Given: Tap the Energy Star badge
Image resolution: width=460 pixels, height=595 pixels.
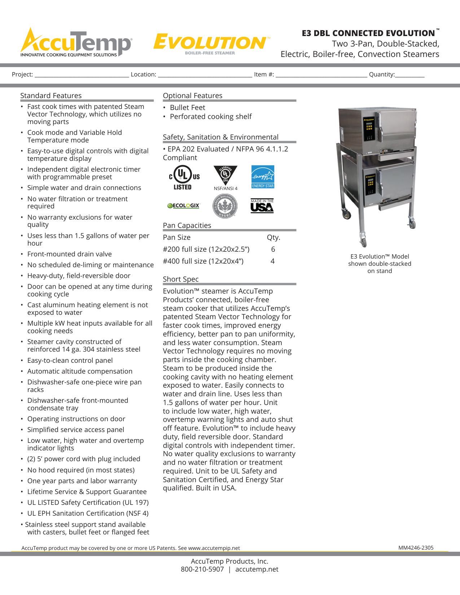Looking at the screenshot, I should (263, 177).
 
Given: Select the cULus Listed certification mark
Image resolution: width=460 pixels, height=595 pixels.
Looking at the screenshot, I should (184, 177).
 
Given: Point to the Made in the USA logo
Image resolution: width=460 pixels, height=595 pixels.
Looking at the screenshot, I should (262, 206).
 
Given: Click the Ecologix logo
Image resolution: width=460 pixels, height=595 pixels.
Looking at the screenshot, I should (183, 206).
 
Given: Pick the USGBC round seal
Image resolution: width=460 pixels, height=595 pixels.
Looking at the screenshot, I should (225, 206).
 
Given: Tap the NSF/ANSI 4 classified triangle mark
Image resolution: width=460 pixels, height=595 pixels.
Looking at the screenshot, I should (225, 176).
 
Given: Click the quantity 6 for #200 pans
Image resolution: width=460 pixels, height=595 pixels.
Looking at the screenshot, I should (273, 249).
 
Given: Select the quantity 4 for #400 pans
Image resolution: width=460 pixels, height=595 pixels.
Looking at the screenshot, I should (273, 261).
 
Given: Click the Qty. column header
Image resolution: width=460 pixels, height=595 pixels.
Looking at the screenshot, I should (273, 237).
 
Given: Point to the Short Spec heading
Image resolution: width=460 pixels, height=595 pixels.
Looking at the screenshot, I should (181, 279).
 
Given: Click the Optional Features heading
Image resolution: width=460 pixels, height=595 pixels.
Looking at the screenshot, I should (193, 96).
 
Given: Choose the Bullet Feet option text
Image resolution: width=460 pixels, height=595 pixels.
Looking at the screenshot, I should (188, 107).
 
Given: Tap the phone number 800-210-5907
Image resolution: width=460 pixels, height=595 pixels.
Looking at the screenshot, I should (202, 569).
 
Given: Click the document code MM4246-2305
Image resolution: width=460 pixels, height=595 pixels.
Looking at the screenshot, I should (416, 548).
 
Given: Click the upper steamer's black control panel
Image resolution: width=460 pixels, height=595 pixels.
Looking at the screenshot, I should (369, 129).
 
